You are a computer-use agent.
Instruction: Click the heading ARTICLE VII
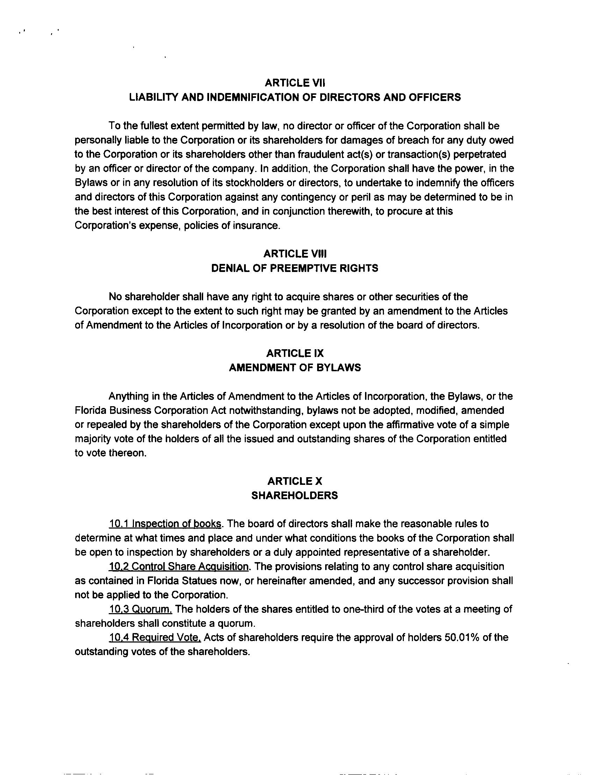[x=295, y=83]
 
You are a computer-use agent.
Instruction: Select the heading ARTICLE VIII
[x=295, y=254]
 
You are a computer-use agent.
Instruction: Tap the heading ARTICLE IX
[x=295, y=353]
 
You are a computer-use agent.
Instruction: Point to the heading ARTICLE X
[x=295, y=481]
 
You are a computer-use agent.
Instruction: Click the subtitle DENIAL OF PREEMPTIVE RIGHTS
[x=294, y=268]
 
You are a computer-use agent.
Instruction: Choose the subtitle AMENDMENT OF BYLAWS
[x=295, y=368]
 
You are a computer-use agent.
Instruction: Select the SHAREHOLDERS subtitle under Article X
[x=294, y=495]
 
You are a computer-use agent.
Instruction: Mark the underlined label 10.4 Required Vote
[x=155, y=637]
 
